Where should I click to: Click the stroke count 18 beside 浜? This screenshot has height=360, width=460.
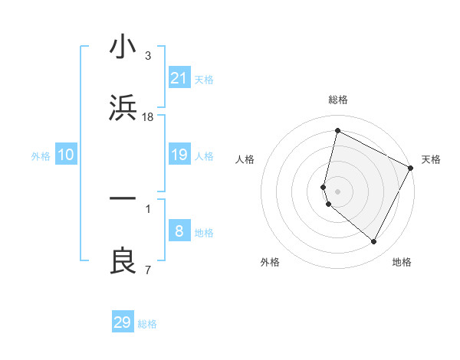click(x=148, y=117)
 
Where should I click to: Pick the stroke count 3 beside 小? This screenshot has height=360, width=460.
click(x=148, y=56)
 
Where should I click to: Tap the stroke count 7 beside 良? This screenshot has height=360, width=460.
click(x=148, y=270)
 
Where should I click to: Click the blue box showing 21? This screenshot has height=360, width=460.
click(x=179, y=78)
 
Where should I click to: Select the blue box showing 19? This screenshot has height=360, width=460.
click(x=179, y=155)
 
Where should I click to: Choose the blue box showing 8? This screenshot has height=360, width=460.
click(x=179, y=231)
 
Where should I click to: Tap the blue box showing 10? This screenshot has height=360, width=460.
click(x=66, y=155)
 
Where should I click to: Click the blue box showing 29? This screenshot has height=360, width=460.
click(x=123, y=322)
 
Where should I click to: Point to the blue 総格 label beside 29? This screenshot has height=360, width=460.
click(x=147, y=324)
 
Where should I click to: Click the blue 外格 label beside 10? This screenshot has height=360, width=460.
click(x=41, y=156)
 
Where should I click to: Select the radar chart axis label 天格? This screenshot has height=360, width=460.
click(x=431, y=159)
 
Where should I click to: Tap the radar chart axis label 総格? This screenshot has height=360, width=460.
click(x=338, y=100)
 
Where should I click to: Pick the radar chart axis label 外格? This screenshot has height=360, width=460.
click(x=270, y=262)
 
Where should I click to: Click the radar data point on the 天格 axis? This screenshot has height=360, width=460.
click(x=411, y=168)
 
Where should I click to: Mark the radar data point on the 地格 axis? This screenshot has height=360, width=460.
click(x=373, y=242)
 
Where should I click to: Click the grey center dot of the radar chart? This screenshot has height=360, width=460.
click(x=338, y=191)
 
